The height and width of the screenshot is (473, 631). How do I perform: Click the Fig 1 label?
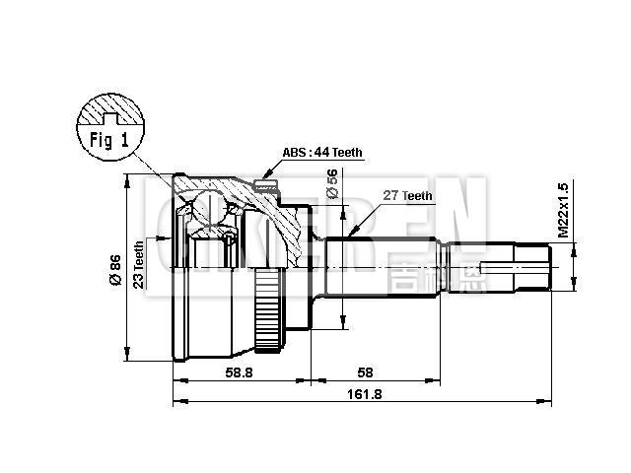pyautogui.click(x=109, y=139)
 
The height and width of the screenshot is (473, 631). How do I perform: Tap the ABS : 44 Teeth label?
pyautogui.click(x=321, y=153)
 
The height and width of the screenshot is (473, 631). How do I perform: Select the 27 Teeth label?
pyautogui.click(x=407, y=196)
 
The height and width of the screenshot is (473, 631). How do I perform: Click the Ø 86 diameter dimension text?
pyautogui.click(x=115, y=270)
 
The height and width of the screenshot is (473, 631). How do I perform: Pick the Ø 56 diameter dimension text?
pyautogui.click(x=332, y=184)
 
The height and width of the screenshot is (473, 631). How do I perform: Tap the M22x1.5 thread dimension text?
pyautogui.click(x=563, y=211)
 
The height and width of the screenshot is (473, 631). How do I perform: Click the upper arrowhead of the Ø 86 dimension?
pyautogui.click(x=127, y=179)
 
